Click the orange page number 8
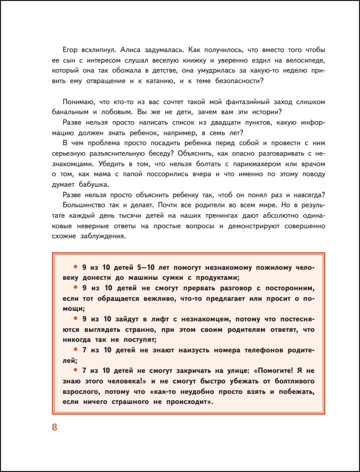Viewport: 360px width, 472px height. [55, 427]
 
